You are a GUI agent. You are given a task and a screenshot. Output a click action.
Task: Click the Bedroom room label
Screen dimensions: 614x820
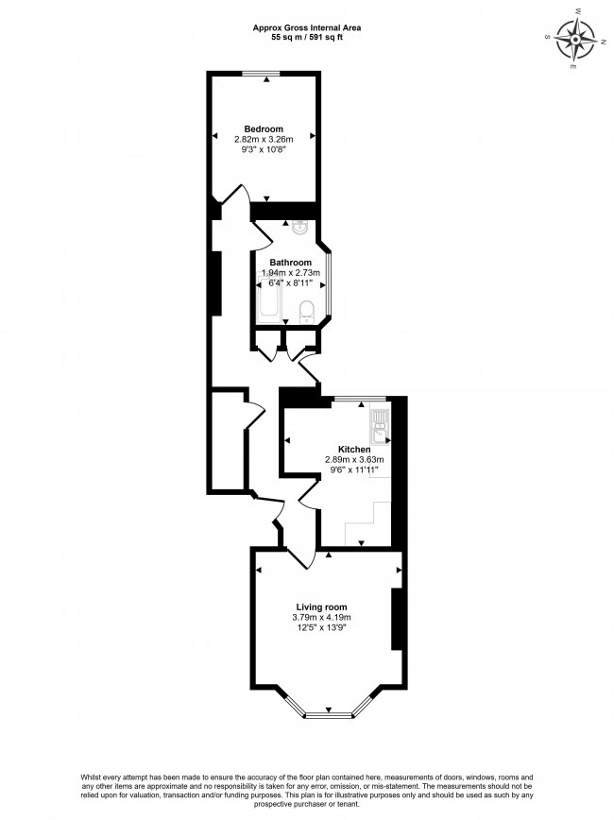click(264, 128)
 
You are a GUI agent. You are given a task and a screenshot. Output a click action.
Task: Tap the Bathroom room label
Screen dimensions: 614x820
click(290, 263)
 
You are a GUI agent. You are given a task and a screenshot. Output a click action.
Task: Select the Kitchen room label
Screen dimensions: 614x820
click(354, 450)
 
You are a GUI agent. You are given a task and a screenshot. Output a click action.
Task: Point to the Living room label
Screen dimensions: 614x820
click(321, 607)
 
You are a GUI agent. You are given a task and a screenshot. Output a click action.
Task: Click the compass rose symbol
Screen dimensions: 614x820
click(574, 40)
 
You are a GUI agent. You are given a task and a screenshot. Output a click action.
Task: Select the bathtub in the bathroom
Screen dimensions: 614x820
click(270, 300)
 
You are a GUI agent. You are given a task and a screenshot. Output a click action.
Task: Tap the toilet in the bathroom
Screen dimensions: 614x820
click(306, 312)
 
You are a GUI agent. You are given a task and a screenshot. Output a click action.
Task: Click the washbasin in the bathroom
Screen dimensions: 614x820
click(301, 227)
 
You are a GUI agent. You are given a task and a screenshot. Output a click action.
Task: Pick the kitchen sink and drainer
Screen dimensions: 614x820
click(379, 427)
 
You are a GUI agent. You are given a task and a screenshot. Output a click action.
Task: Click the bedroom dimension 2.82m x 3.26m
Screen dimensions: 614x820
click(264, 140)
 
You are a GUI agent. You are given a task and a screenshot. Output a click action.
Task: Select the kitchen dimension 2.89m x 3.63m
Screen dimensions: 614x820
click(354, 460)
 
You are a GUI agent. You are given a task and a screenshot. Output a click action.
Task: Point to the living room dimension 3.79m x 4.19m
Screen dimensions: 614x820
click(322, 618)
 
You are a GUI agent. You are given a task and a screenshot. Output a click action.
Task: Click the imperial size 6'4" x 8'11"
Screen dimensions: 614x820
click(290, 282)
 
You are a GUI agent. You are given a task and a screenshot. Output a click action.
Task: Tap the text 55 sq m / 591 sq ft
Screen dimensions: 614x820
click(307, 37)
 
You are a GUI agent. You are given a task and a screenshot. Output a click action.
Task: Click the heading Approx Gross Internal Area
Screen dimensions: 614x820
click(307, 27)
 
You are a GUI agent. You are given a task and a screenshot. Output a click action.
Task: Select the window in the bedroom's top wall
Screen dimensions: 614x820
click(261, 75)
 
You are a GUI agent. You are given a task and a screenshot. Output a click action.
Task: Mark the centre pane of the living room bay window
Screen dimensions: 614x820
click(329, 714)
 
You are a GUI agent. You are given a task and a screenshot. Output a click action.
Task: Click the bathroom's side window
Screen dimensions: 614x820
click(329, 285)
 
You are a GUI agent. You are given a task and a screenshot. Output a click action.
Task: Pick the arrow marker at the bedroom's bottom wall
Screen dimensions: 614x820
click(266, 198)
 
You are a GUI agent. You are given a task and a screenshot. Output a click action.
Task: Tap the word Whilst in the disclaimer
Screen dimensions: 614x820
click(90, 777)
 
